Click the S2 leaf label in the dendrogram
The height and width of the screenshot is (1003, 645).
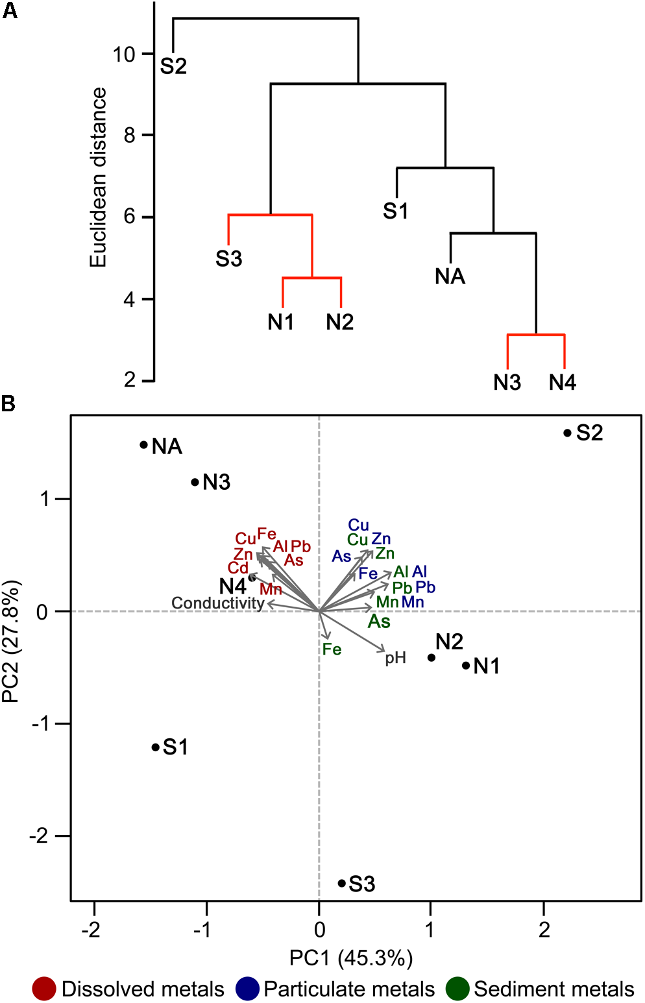(x=173, y=66)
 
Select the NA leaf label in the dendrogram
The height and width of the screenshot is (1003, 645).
(x=450, y=277)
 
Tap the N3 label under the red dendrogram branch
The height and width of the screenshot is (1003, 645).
(x=507, y=383)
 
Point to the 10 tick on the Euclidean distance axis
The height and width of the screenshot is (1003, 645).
(x=124, y=54)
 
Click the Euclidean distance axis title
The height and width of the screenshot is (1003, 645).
(x=98, y=177)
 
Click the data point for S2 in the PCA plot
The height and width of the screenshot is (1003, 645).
(x=567, y=433)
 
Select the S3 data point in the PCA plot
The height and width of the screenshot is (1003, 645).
(x=342, y=883)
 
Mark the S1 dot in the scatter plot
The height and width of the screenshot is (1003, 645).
(x=156, y=747)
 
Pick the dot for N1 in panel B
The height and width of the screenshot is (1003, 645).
(x=466, y=666)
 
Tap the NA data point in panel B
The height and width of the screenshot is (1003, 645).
(x=144, y=445)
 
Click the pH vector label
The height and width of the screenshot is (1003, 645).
(x=395, y=659)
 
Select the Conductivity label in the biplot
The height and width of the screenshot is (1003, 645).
(x=217, y=603)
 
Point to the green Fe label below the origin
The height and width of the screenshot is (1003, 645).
(x=332, y=649)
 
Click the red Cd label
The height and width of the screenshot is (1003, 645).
(x=238, y=568)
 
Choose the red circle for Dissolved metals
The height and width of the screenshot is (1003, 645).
(x=44, y=989)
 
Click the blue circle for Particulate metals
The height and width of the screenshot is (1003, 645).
(x=248, y=989)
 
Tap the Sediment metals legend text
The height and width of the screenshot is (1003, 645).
(x=554, y=989)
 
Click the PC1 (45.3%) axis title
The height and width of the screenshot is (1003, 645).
(x=351, y=958)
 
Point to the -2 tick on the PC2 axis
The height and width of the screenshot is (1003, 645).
(x=42, y=836)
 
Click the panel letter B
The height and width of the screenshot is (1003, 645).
(x=8, y=404)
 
